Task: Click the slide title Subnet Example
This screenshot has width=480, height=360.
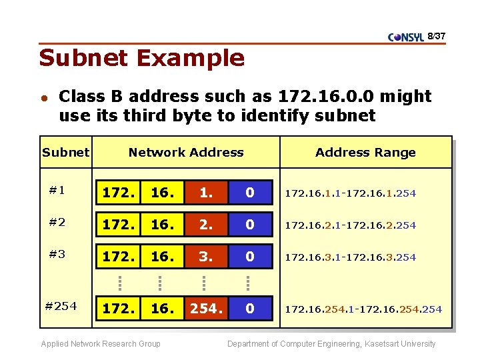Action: tap(141, 58)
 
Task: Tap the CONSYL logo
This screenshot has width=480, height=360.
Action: tap(405, 37)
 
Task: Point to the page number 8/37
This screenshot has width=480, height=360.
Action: tap(436, 35)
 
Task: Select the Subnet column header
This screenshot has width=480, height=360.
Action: tap(65, 153)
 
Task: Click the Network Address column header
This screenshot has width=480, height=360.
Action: tap(186, 153)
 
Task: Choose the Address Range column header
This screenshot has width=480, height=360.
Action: tap(365, 153)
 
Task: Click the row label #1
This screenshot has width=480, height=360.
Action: tap(57, 190)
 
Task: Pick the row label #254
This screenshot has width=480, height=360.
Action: tap(61, 306)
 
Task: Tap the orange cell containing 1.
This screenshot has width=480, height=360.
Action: tap(206, 193)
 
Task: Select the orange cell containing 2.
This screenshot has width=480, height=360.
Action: tap(206, 225)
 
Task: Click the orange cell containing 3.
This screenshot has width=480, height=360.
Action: tap(206, 257)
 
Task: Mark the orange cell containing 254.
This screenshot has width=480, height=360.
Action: tap(206, 309)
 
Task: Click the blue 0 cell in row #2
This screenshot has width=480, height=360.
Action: tap(250, 225)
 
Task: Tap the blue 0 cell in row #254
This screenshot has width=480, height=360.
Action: tap(250, 309)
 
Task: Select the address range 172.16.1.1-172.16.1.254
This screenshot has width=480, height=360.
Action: tap(351, 193)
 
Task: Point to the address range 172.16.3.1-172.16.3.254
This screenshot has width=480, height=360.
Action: tap(351, 257)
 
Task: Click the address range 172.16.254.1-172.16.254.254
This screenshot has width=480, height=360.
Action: tap(363, 309)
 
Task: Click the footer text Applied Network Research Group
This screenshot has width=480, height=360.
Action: tap(101, 344)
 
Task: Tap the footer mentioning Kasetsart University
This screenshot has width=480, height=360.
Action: tap(331, 344)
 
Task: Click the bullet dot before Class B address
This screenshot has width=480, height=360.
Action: tap(43, 97)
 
